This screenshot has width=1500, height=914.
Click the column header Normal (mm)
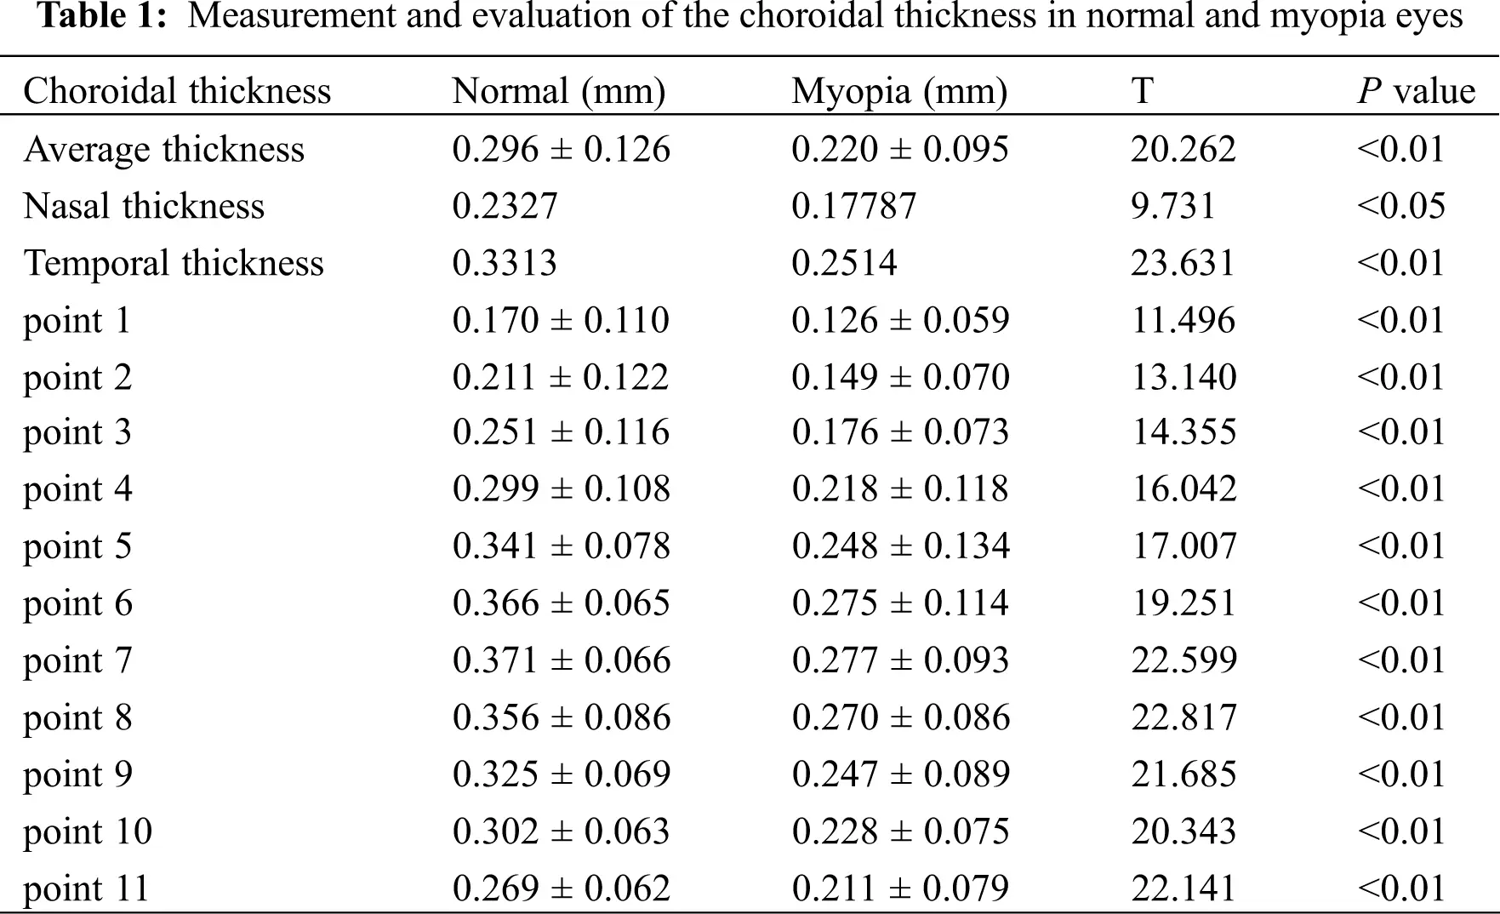[x=558, y=91]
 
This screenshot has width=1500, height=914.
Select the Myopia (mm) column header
[x=899, y=91]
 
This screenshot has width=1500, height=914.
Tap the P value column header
[x=1416, y=91]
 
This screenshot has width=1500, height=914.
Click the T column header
[x=1143, y=91]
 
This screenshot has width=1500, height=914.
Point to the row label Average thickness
[x=163, y=149]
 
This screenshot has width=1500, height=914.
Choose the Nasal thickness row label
[x=144, y=206]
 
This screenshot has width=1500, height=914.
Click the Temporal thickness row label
[x=174, y=263]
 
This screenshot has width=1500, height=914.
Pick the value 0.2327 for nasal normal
[x=505, y=206]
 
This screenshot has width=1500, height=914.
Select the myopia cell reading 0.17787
[x=853, y=206]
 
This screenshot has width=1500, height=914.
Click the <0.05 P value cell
[x=1401, y=206]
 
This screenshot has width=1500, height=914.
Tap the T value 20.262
[x=1183, y=149]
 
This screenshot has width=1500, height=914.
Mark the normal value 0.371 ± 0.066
[x=562, y=660]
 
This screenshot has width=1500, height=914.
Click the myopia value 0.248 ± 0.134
[x=900, y=546]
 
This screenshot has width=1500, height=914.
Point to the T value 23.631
[x=1183, y=263]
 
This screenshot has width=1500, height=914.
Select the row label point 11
[x=86, y=888]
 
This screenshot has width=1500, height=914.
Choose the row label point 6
[x=77, y=603]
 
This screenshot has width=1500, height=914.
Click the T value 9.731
[x=1173, y=206]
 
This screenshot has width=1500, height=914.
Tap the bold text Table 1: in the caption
[x=102, y=16]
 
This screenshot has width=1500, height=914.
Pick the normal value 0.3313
[x=505, y=263]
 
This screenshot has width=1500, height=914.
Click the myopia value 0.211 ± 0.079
[x=900, y=888]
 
